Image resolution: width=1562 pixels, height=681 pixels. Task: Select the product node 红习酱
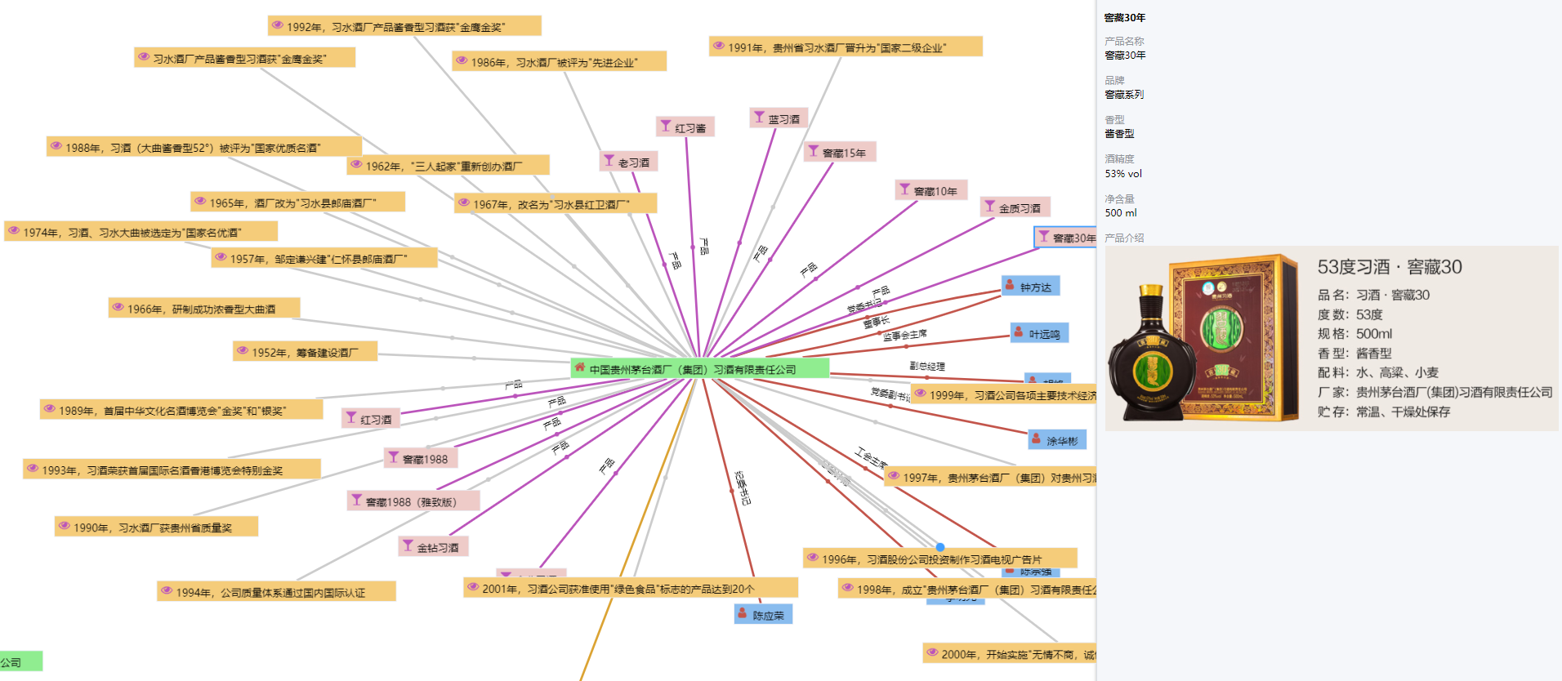pos(685,127)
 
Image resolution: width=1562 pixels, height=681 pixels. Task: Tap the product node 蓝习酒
pos(779,118)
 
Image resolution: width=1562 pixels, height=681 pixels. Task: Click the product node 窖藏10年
pos(931,191)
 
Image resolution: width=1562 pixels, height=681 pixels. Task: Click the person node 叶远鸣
pos(1039,334)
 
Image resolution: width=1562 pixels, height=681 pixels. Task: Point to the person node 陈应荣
pos(763,615)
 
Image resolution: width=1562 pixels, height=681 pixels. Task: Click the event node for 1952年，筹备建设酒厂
pos(304,352)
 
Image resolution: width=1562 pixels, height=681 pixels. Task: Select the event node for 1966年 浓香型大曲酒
pos(204,309)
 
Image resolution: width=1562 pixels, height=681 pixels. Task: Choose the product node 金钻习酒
pos(433,547)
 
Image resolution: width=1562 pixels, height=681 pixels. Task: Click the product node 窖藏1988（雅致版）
pos(413,501)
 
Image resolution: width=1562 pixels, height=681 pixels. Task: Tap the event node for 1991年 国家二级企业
pos(845,47)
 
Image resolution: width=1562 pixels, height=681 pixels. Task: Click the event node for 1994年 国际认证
pos(276,592)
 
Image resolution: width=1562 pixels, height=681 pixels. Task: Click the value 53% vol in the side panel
pos(1123,173)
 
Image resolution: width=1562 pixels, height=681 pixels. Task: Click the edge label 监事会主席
pos(905,335)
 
